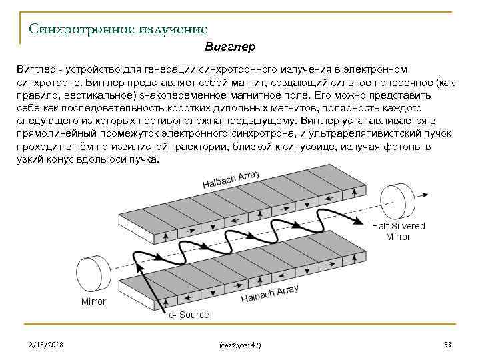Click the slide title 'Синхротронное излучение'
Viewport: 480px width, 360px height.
pyautogui.click(x=118, y=29)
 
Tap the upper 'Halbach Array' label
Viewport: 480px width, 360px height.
pyautogui.click(x=231, y=179)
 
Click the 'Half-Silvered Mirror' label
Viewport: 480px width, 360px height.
pyautogui.click(x=398, y=231)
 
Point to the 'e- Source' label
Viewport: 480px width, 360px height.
pyautogui.click(x=189, y=315)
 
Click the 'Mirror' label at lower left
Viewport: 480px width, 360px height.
pyautogui.click(x=93, y=302)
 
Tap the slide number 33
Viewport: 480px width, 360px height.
pyautogui.click(x=447, y=345)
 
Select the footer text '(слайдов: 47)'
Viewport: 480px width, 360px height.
pyautogui.click(x=239, y=345)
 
